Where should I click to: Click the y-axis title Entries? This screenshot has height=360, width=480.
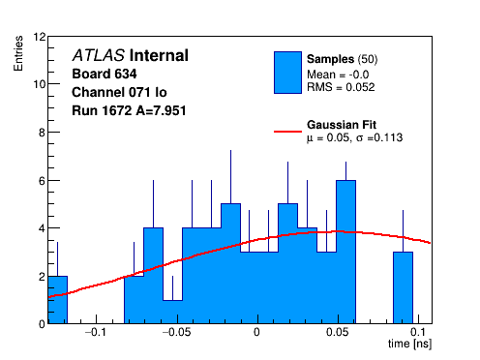tap(18, 53)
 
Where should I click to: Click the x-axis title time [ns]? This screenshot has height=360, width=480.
tap(409, 344)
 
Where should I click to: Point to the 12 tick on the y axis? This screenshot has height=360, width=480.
tap(40, 37)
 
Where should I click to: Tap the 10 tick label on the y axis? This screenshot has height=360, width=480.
tap(40, 84)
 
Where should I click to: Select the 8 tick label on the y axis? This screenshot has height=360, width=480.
tap(43, 133)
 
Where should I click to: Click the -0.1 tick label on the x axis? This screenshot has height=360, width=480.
tap(96, 332)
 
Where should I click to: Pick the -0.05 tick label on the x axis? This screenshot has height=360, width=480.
tap(176, 332)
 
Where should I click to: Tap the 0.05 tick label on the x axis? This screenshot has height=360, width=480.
tap(338, 332)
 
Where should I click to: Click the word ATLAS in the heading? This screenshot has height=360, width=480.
tap(99, 55)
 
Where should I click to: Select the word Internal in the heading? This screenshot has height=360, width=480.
tap(159, 55)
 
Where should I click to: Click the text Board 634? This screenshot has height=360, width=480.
tap(105, 74)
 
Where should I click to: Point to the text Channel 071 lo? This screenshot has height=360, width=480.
tap(119, 92)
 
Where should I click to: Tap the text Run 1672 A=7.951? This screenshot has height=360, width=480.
tap(129, 110)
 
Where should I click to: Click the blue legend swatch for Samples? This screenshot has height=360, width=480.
tap(287, 73)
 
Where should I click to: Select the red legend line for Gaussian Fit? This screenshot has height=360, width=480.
tap(287, 132)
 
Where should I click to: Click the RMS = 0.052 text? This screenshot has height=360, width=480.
tap(341, 87)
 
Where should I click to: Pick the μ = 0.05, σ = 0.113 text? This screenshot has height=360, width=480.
tap(354, 137)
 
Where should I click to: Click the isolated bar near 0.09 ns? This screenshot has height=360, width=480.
tap(403, 287)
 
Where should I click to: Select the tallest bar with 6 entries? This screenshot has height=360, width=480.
tap(345, 252)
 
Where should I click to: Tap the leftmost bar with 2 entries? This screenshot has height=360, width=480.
tap(57, 300)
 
